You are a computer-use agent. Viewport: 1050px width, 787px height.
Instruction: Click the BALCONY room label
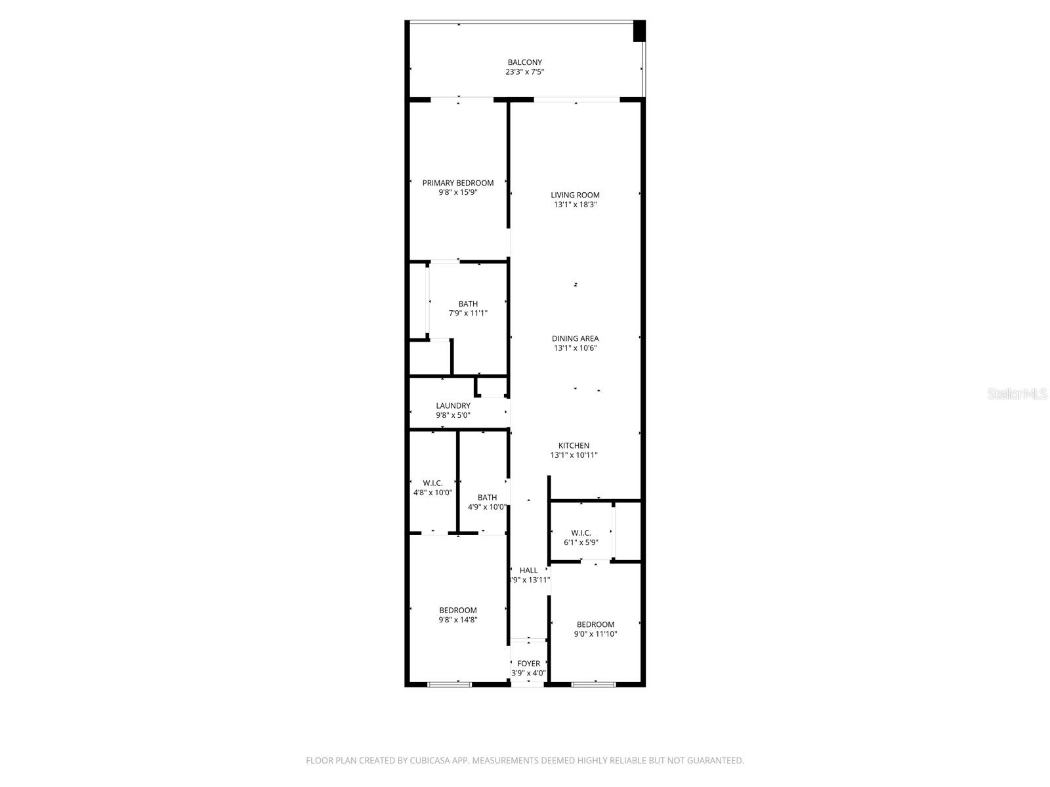tap(524, 62)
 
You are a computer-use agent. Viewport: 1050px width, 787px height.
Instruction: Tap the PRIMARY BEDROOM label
tap(457, 183)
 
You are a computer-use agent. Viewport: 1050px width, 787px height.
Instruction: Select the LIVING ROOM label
tap(575, 195)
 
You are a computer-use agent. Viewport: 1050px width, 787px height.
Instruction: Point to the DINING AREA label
tap(575, 338)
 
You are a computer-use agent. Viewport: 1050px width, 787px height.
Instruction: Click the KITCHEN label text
tap(574, 445)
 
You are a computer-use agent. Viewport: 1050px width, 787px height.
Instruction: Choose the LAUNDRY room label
tap(453, 405)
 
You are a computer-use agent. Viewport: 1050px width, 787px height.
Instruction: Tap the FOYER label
tap(528, 664)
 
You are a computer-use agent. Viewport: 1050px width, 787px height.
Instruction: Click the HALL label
tap(528, 571)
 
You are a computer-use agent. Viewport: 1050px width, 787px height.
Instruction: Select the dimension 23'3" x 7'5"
tap(524, 72)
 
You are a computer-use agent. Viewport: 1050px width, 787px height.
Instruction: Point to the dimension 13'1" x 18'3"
tap(575, 205)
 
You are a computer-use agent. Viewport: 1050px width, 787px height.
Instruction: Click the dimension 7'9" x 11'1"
tap(468, 313)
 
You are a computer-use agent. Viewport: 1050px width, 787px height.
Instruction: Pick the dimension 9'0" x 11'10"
tap(595, 634)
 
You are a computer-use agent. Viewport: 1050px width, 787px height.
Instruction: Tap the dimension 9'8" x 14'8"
tap(457, 620)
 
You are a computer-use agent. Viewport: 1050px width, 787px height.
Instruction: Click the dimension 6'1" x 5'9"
tap(581, 542)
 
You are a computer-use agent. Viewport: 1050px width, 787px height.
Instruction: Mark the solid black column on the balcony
tap(639, 31)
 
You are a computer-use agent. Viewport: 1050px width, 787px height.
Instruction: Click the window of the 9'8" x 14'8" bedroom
tap(450, 685)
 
